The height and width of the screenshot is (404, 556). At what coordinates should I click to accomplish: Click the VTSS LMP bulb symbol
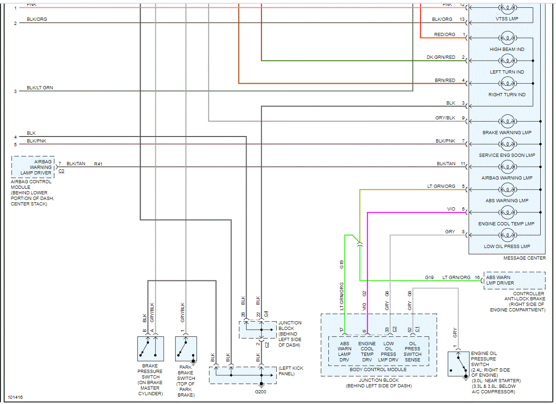[x=507, y=8]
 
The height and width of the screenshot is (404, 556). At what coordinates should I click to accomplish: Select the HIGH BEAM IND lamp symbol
[x=507, y=38]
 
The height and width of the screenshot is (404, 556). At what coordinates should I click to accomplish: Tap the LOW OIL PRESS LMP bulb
[x=507, y=235]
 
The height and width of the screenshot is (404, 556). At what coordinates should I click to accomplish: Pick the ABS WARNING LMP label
[x=507, y=201]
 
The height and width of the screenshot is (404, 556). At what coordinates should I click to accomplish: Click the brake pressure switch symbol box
[x=150, y=349]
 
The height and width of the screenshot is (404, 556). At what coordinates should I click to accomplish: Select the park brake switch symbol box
[x=186, y=349]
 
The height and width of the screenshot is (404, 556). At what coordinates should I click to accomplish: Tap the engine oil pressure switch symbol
[x=459, y=364]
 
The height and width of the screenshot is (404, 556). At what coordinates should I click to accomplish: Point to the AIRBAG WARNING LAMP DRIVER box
[x=33, y=167]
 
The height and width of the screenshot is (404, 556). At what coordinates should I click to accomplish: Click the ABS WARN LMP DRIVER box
[x=507, y=280]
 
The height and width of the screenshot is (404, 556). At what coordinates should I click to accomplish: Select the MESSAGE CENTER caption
[x=524, y=258]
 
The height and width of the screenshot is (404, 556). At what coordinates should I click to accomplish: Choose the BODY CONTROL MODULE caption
[x=378, y=370]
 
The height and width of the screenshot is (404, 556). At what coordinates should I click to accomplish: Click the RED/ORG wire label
[x=445, y=35]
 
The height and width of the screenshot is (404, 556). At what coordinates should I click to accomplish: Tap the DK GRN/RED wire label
[x=441, y=57]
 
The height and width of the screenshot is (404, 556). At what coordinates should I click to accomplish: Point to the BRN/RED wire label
[x=445, y=80]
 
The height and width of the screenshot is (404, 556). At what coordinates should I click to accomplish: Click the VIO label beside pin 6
[x=451, y=209]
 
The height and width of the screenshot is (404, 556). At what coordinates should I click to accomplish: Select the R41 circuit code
[x=99, y=164]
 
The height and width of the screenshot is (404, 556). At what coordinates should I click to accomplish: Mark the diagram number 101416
[x=15, y=398]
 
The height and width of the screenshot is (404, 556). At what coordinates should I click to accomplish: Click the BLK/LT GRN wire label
[x=40, y=87]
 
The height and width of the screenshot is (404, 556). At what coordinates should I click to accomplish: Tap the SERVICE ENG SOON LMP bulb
[x=507, y=144]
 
